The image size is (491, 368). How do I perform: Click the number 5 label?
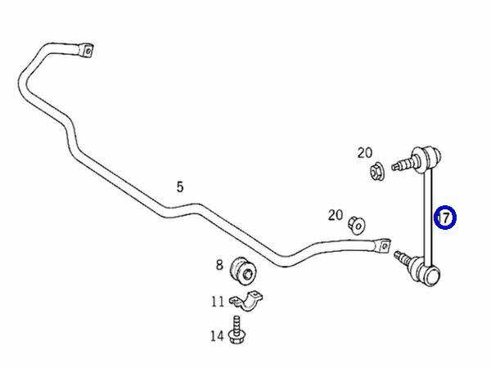pyautogui.click(x=180, y=187)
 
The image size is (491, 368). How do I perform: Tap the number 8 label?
pyautogui.click(x=219, y=264)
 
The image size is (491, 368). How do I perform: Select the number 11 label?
pyautogui.click(x=218, y=302)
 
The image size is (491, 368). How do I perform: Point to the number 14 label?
pyautogui.click(x=217, y=334)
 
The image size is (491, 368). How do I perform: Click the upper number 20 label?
pyautogui.click(x=364, y=152)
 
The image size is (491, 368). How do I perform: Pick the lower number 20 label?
pyautogui.click(x=336, y=215)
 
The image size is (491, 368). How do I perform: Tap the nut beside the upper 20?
pyautogui.click(x=378, y=173)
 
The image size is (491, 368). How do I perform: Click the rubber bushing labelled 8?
pyautogui.click(x=243, y=267)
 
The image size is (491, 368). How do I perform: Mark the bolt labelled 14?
pyautogui.click(x=237, y=330)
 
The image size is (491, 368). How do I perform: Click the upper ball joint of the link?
pyautogui.click(x=430, y=153)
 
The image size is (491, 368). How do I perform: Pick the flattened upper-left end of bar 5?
pyautogui.click(x=84, y=50)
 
